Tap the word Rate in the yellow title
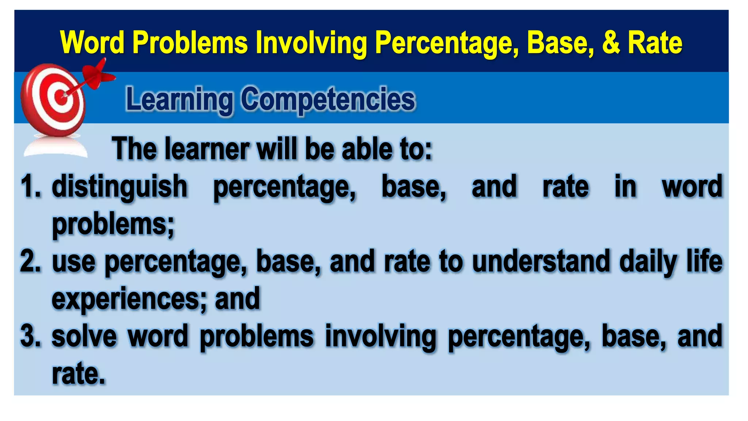pyautogui.click(x=655, y=42)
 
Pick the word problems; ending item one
pyautogui.click(x=113, y=225)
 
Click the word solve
pyautogui.click(x=84, y=336)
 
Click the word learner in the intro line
pyautogui.click(x=207, y=149)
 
